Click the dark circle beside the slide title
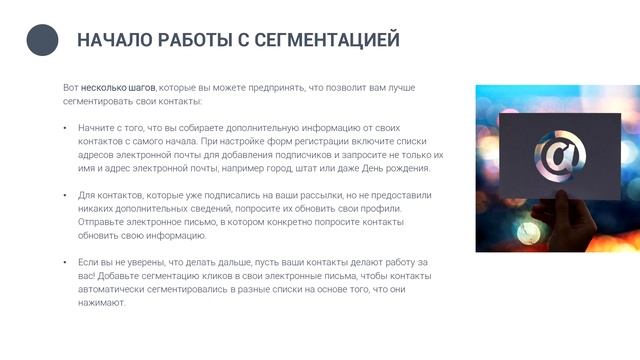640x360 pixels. (x=42, y=40)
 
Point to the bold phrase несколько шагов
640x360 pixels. (x=118, y=88)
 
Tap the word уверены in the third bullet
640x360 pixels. (x=148, y=262)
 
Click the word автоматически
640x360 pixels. (x=112, y=290)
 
